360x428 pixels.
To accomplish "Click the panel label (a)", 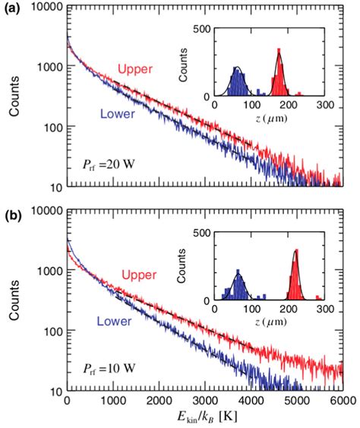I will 13,8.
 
